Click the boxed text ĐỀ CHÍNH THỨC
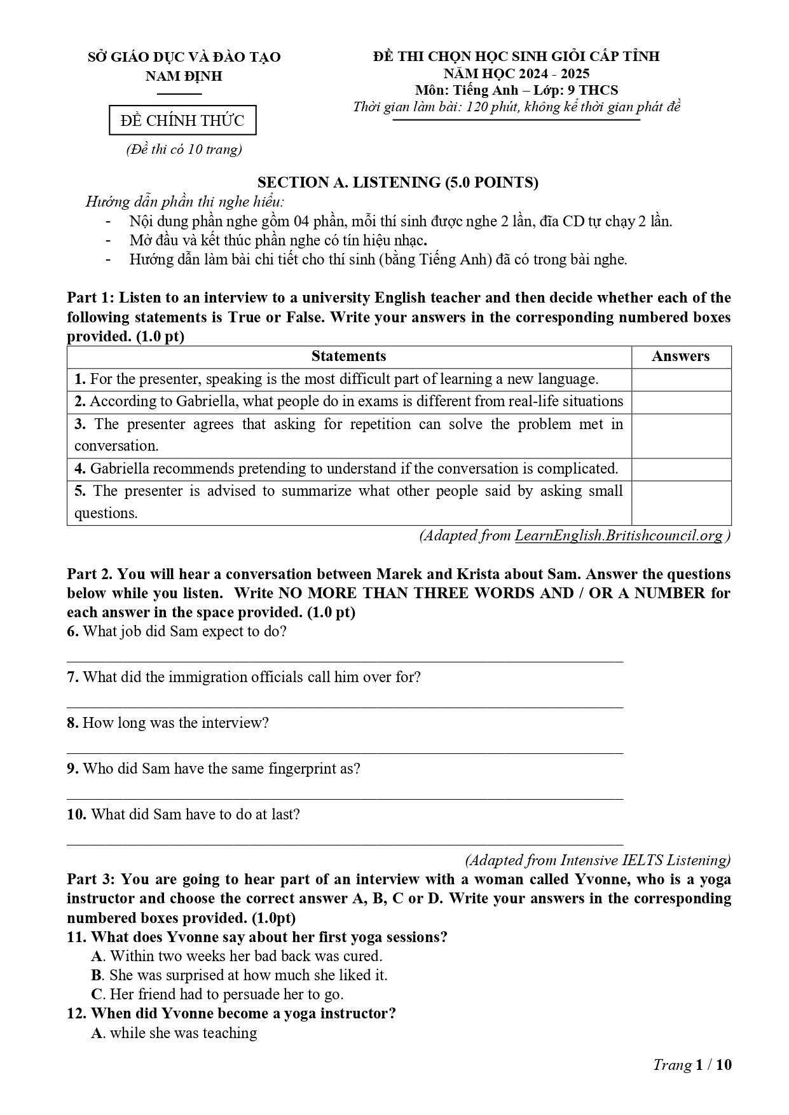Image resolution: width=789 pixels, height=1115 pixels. (182, 121)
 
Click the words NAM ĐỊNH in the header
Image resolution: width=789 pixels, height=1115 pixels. (184, 76)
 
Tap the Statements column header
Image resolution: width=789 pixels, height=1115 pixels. (348, 357)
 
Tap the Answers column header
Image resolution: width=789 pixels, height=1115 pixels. (680, 357)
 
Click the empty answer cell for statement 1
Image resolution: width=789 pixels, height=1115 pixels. (681, 380)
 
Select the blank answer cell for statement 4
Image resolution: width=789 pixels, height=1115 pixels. (681, 469)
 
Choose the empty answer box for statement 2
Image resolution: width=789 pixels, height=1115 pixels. (681, 402)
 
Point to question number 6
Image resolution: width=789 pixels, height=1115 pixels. (72, 631)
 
